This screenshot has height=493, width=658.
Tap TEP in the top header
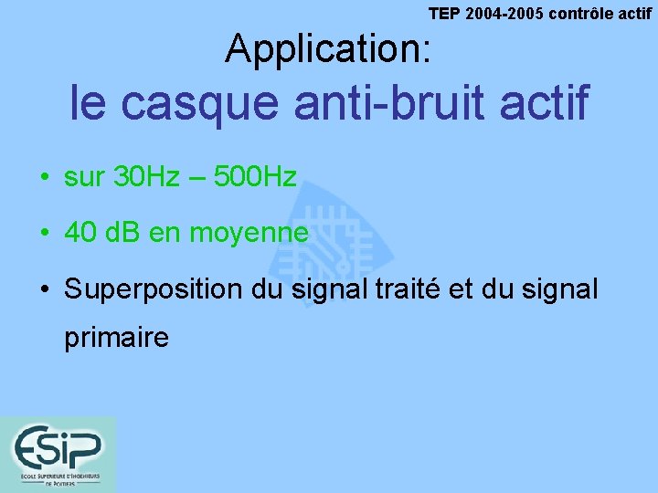pyautogui.click(x=445, y=13)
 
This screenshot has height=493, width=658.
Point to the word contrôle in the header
pyautogui.click(x=584, y=13)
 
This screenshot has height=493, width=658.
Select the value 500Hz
pyautogui.click(x=255, y=177)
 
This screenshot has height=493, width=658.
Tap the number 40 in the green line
pyautogui.click(x=80, y=234)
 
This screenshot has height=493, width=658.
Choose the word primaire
pyautogui.click(x=116, y=339)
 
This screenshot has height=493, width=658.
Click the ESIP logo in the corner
pyautogui.click(x=58, y=454)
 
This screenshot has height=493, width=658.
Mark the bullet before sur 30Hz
pyautogui.click(x=43, y=178)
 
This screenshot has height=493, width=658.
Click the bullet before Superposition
pyautogui.click(x=43, y=291)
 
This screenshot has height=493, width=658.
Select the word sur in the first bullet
pyautogui.click(x=84, y=178)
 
